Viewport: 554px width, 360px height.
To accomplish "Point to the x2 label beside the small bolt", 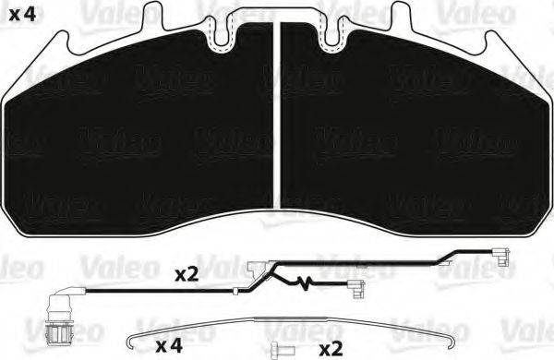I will [x=331, y=349].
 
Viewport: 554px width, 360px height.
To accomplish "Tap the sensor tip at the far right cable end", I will [x=503, y=255].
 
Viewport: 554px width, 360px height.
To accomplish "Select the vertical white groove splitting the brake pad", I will [x=278, y=120].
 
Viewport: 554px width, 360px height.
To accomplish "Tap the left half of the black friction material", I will [x=138, y=129].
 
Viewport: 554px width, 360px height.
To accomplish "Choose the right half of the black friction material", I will [x=415, y=129].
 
